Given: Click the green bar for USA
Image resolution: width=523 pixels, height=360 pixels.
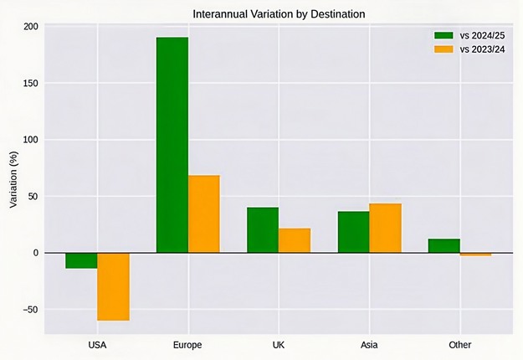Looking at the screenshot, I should (x=81, y=260).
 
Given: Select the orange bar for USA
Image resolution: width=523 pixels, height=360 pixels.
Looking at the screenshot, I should (x=113, y=286).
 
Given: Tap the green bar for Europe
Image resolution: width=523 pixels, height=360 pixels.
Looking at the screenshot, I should (x=172, y=145).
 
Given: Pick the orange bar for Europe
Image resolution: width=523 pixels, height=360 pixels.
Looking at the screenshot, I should (x=204, y=213).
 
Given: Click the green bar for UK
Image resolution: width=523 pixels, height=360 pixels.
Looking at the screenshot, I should (x=263, y=229).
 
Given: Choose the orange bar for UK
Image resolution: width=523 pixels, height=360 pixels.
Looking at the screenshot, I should (x=295, y=240).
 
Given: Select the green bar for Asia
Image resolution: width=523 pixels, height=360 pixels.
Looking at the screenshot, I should (x=353, y=232).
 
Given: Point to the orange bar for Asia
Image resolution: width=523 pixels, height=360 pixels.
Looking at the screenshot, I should (x=385, y=228).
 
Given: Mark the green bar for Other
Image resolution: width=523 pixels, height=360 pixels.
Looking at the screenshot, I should (x=444, y=245).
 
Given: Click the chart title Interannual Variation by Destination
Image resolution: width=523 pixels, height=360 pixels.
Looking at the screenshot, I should (x=279, y=14).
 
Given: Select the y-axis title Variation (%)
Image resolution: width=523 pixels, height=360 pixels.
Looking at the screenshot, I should (x=14, y=179).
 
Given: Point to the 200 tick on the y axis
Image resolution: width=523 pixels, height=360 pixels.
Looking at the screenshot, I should (x=31, y=27).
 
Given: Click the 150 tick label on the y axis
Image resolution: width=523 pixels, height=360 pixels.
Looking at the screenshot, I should (x=31, y=84).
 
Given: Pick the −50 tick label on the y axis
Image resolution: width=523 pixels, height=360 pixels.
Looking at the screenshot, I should (x=28, y=310).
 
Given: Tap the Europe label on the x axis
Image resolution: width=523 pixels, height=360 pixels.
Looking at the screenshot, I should (x=187, y=345).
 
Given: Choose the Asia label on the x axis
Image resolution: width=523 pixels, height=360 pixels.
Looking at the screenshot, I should (x=369, y=345).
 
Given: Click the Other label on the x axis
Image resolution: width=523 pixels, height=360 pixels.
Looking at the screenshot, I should (x=459, y=345).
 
